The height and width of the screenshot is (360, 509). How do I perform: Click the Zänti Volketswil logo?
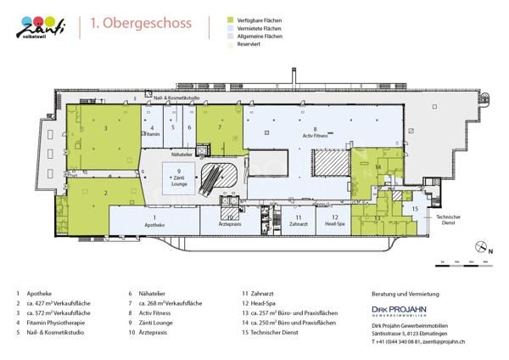[x=42, y=27]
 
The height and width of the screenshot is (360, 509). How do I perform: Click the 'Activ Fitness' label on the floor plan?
[x=316, y=135]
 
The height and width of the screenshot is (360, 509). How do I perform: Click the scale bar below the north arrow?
[x=461, y=263]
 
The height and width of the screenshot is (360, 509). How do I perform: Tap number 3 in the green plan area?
[x=105, y=127]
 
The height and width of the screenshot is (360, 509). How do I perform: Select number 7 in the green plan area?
[x=220, y=127]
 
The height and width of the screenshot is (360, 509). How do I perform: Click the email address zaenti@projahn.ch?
[x=443, y=341]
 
